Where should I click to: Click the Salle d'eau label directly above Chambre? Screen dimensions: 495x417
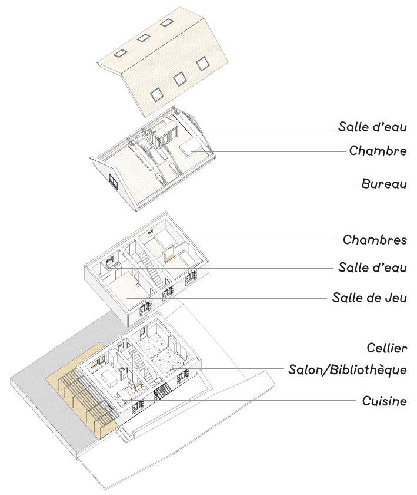click(x=372, y=127)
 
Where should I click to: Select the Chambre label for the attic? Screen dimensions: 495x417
click(x=378, y=151)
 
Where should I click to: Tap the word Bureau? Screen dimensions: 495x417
click(x=384, y=184)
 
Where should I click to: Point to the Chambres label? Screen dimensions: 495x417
click(x=375, y=240)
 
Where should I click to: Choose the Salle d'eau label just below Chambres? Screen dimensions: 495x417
click(x=372, y=268)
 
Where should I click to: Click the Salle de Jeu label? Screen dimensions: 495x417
click(x=369, y=297)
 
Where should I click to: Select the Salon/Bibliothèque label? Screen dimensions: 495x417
click(x=348, y=370)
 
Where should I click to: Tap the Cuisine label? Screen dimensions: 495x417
click(x=384, y=401)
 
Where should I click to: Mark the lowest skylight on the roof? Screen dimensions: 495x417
click(x=156, y=93)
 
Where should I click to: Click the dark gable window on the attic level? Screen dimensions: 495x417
click(x=114, y=180)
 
